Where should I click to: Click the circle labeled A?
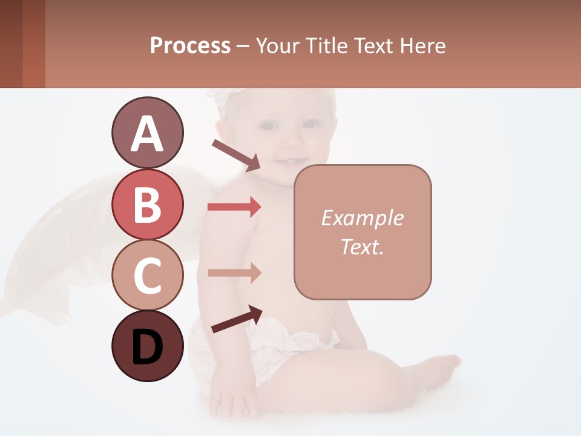[147, 133]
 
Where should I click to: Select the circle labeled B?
[147, 204]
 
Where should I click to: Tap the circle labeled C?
[147, 276]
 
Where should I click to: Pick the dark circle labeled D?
[147, 346]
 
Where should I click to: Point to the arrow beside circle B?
[234, 207]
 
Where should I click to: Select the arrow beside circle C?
[234, 273]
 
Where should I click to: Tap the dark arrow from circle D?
[237, 319]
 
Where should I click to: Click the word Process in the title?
[190, 45]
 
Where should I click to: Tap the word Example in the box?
[362, 218]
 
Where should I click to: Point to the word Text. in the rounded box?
[362, 246]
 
